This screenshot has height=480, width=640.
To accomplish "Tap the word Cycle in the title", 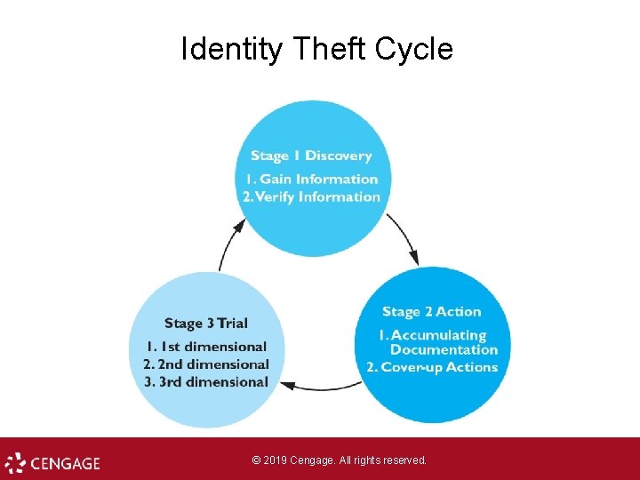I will (x=414, y=50).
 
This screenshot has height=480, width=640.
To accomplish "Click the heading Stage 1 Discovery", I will (x=311, y=156).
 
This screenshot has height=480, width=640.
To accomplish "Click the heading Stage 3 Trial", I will (x=206, y=324).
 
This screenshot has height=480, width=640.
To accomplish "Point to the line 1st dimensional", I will (x=206, y=347).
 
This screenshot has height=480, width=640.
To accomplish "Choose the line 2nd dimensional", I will (x=206, y=364).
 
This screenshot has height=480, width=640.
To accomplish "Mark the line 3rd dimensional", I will (x=206, y=382).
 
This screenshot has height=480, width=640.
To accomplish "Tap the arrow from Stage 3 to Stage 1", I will (x=229, y=245).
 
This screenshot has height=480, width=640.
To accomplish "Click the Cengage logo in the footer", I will (x=52, y=463).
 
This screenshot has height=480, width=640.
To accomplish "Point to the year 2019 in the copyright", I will (x=276, y=460).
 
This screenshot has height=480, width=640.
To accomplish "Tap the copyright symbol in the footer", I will (x=256, y=460).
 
